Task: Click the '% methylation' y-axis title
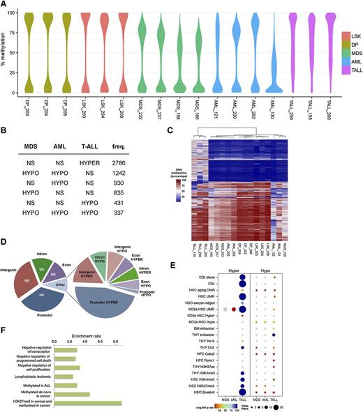click(x=5, y=52)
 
